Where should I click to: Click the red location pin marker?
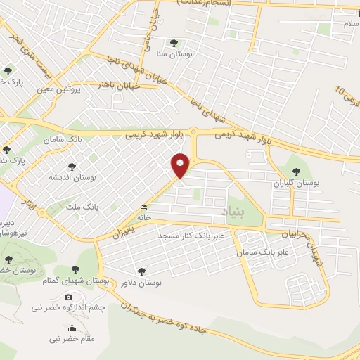pyautogui.click(x=181, y=165)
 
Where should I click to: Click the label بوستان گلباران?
pyautogui.click(x=297, y=182)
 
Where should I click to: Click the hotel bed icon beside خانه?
pyautogui.click(x=144, y=207)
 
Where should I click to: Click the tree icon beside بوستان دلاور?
pyautogui.click(x=142, y=270)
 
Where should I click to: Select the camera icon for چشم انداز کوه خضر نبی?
pyautogui.click(x=67, y=297)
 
